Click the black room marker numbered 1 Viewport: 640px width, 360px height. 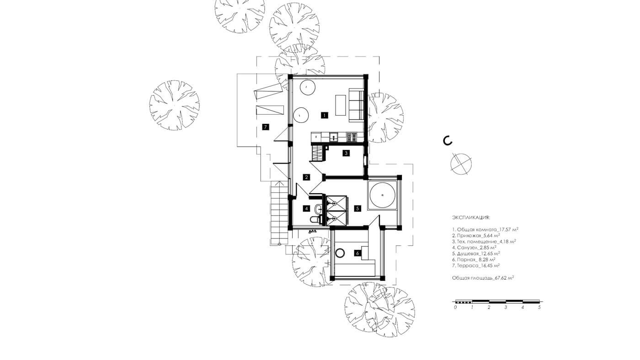click(x=324, y=115)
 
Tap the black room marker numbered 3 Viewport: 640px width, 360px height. click(x=346, y=153)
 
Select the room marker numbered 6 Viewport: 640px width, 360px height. click(x=357, y=253)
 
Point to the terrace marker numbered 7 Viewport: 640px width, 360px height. click(x=266, y=127)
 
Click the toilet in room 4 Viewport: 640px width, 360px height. click(x=315, y=219)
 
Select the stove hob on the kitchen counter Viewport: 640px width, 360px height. click(x=351, y=138)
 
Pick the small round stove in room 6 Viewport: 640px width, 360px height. click(x=340, y=253)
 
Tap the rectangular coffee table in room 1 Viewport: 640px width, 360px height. click(x=341, y=105)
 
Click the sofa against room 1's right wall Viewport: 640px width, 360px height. click(x=356, y=105)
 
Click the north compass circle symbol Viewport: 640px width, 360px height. click(x=461, y=164)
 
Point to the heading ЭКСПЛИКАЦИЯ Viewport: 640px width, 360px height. click(x=471, y=217)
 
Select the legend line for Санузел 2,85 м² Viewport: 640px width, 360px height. click(x=474, y=247)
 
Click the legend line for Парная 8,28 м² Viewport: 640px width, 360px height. click(x=474, y=259)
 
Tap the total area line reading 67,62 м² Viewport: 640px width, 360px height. click(x=483, y=277)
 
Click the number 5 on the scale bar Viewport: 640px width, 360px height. click(x=539, y=307)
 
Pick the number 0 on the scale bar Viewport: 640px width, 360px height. click(x=455, y=307)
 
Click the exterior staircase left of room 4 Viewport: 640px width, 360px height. click(x=279, y=213)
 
